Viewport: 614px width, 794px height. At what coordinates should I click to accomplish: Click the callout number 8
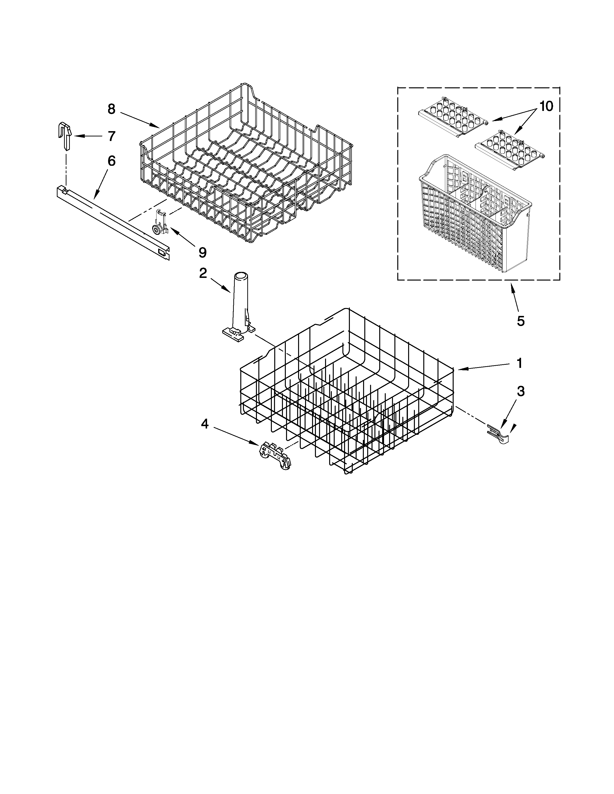(111, 109)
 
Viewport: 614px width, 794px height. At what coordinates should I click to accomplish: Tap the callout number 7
(111, 136)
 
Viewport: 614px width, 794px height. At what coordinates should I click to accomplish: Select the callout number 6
(111, 161)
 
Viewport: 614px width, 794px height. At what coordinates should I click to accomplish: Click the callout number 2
(203, 273)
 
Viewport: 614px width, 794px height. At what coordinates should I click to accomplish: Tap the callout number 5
(521, 321)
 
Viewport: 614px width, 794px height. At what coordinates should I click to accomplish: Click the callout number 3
(521, 391)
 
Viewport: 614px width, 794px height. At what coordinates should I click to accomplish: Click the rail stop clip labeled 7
(65, 136)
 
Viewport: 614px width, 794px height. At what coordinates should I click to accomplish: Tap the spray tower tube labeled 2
(239, 305)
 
